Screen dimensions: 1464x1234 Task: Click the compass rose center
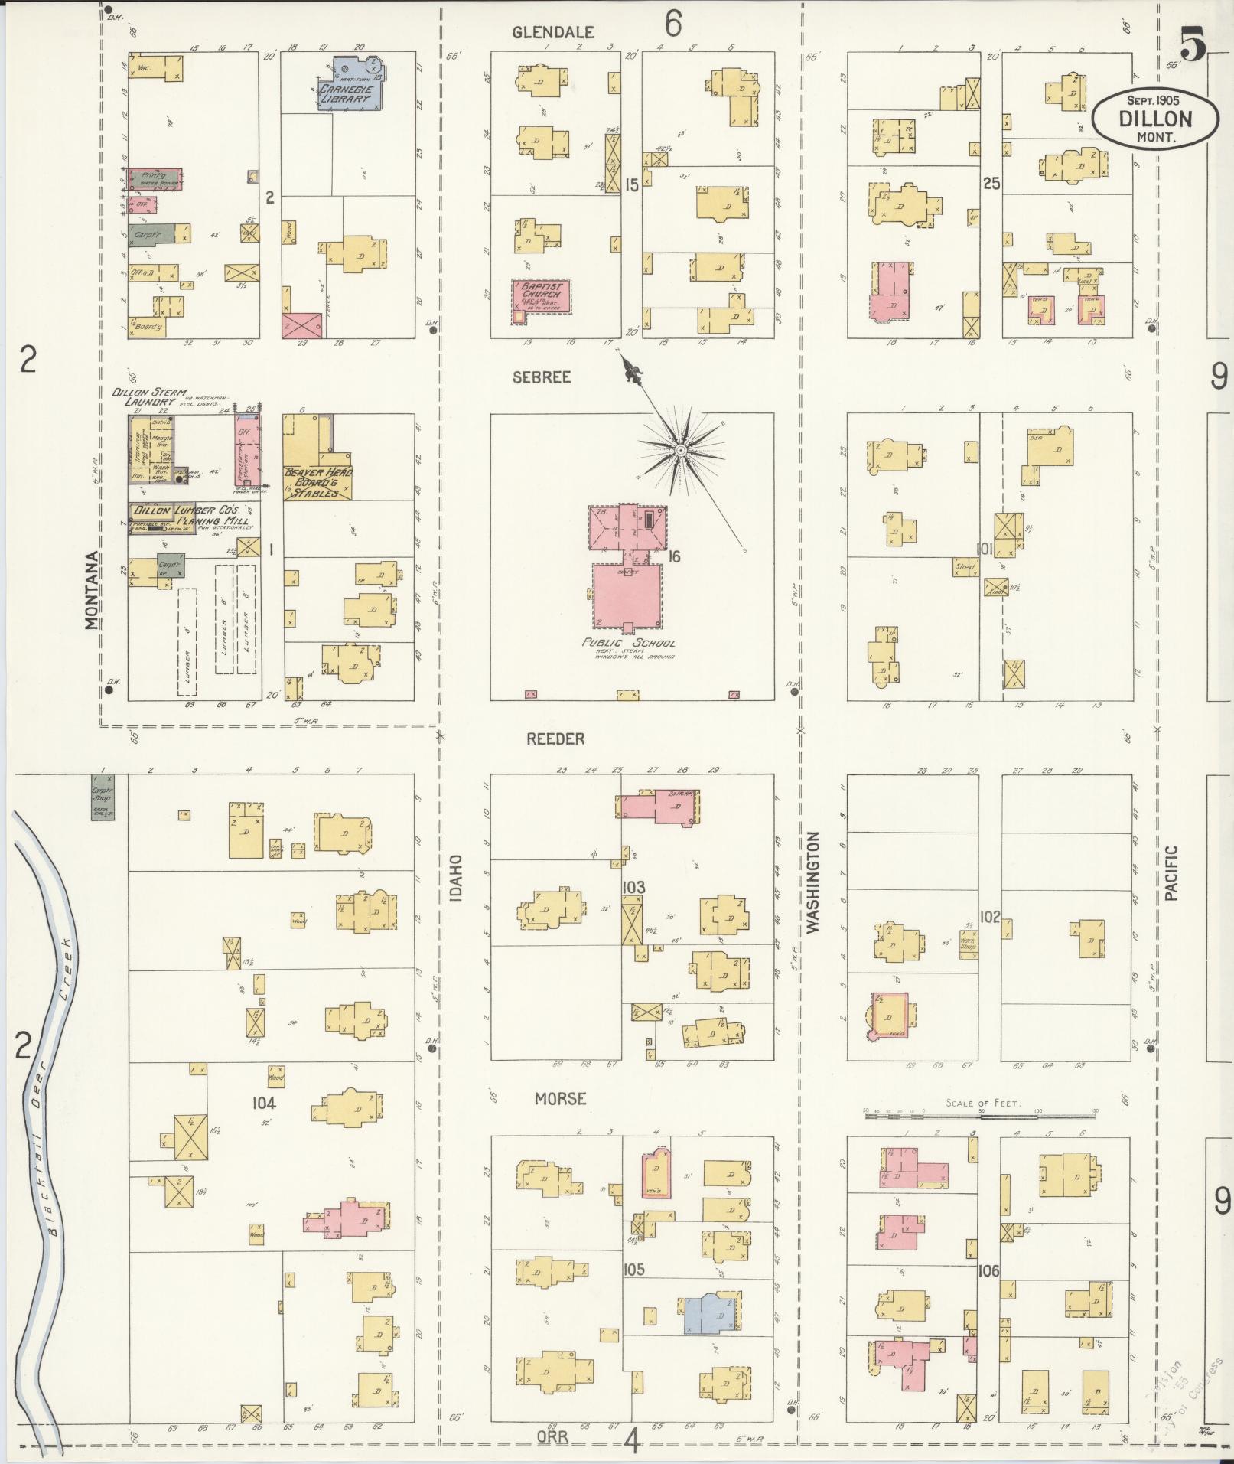(x=679, y=450)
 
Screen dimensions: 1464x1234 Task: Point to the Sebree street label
(x=542, y=377)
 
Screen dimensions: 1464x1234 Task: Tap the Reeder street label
(x=555, y=739)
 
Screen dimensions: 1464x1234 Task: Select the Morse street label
(x=560, y=1098)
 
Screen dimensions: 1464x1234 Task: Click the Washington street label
(x=812, y=882)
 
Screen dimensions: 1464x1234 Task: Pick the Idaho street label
(x=456, y=878)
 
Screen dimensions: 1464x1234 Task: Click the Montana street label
(x=93, y=590)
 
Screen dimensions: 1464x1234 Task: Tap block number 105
(x=633, y=1270)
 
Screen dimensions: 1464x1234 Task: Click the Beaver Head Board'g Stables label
(x=318, y=482)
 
